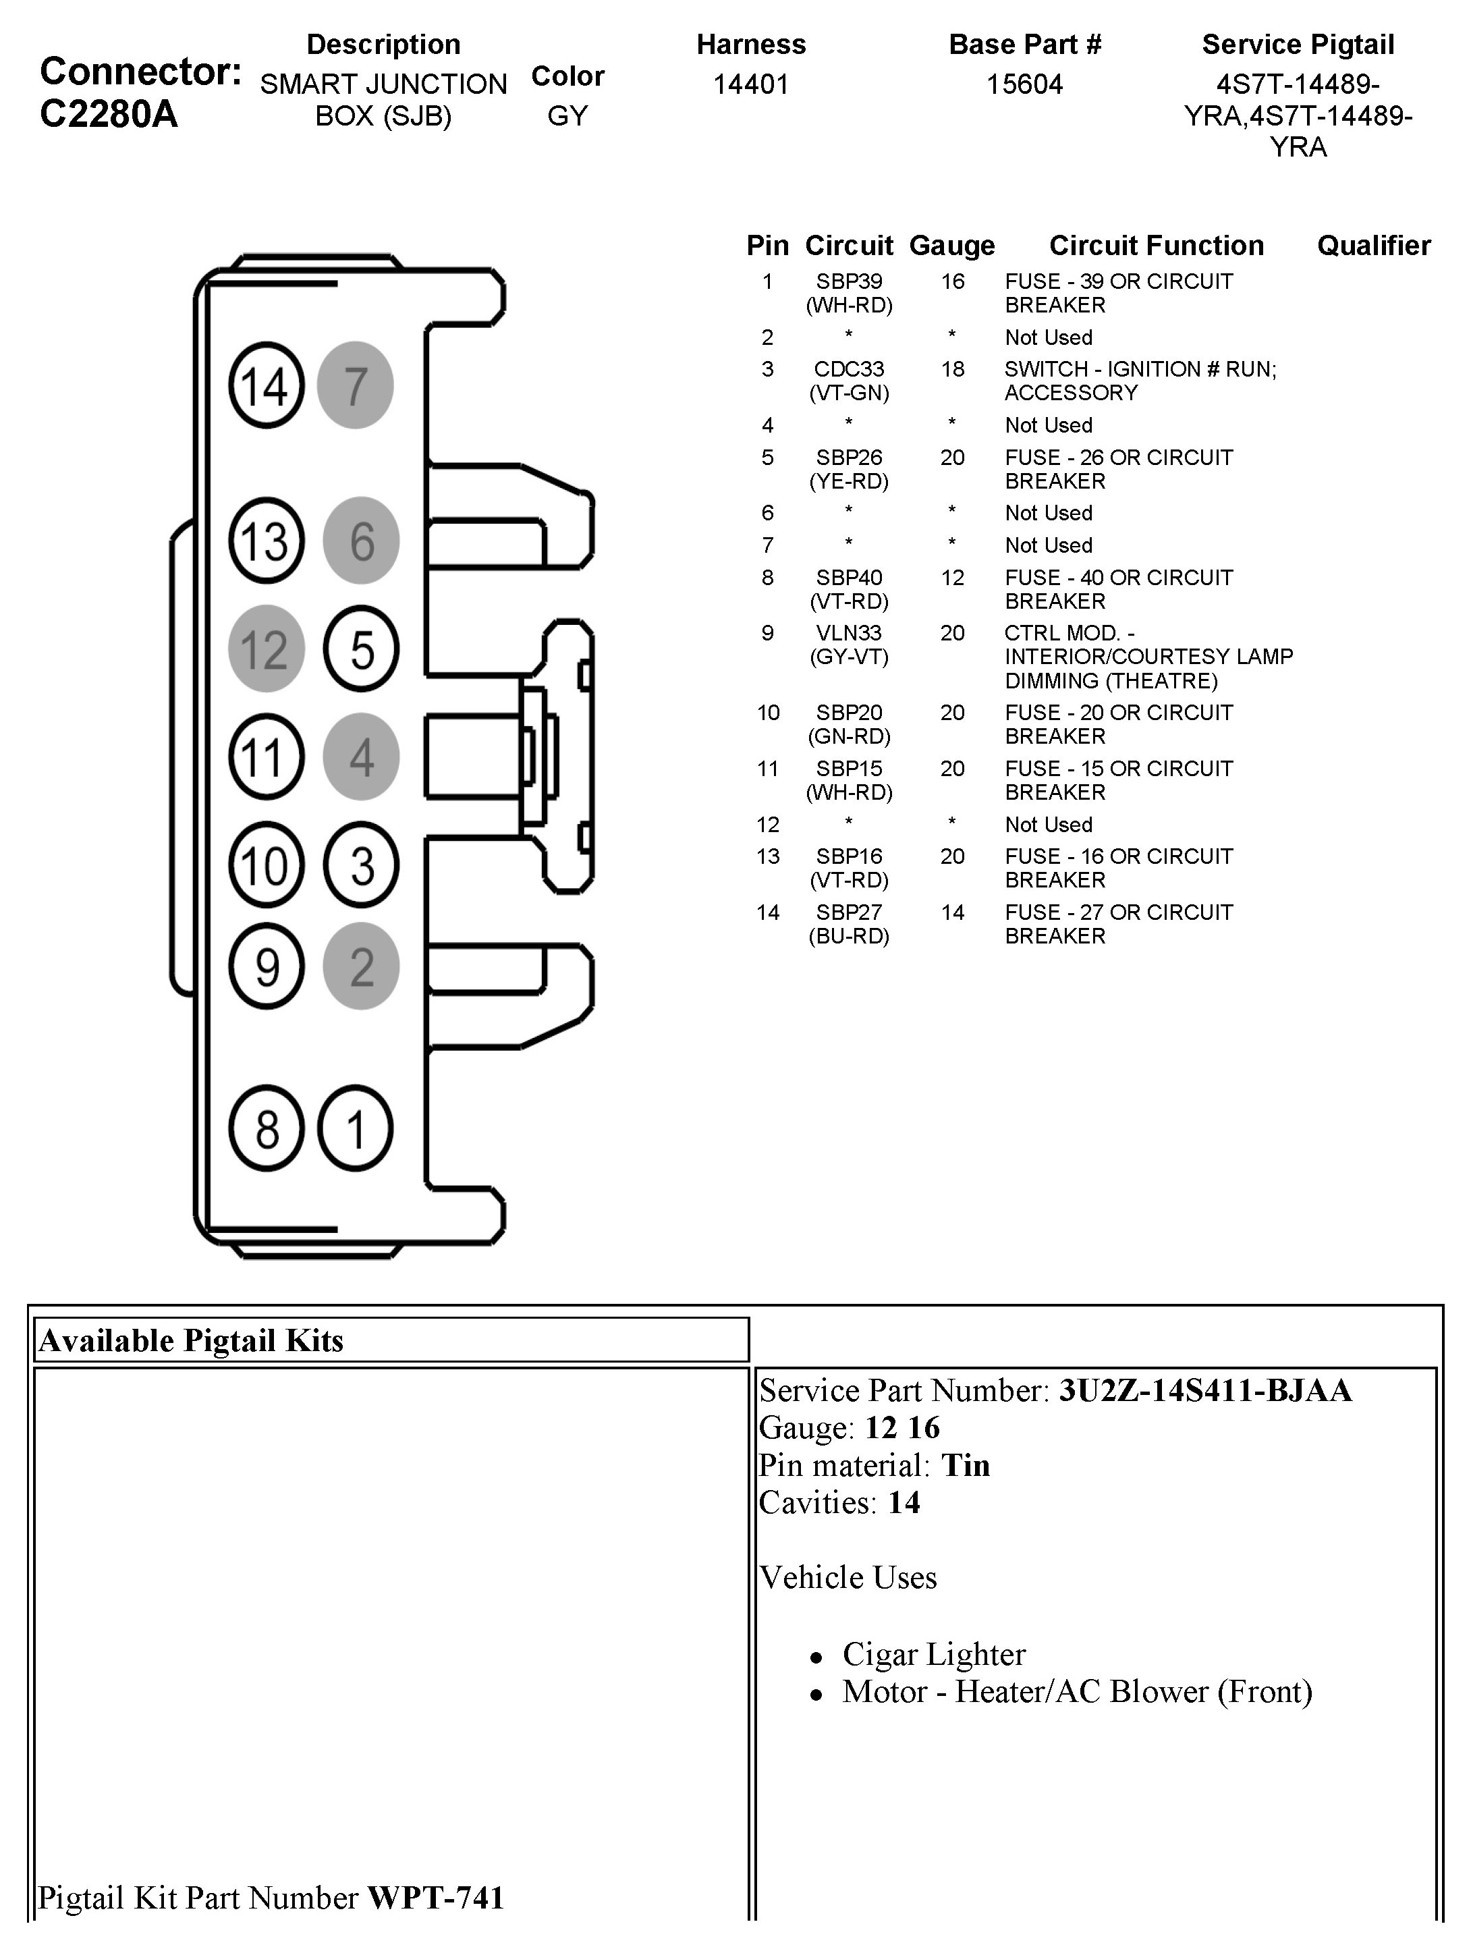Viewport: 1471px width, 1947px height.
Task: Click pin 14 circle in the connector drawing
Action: coord(266,385)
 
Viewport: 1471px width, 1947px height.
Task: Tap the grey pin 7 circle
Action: coord(355,385)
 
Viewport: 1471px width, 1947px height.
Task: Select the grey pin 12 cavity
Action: coord(266,649)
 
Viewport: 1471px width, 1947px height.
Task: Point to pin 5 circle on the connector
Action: coord(361,649)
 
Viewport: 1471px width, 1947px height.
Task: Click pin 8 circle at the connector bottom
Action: coord(266,1128)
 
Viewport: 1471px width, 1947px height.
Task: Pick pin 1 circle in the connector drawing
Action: coord(355,1128)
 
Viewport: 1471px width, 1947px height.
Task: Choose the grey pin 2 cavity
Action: coord(361,966)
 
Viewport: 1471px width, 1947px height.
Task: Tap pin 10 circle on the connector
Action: coord(266,865)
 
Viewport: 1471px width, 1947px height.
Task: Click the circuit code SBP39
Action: coord(849,281)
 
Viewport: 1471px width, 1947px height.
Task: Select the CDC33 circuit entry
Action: coord(849,370)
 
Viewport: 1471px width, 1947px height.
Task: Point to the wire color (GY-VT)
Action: coord(849,657)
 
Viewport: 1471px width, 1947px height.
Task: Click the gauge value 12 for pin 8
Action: coord(951,578)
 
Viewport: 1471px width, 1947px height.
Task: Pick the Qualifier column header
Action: coord(1373,246)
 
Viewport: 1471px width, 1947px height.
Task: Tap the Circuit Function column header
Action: coord(1156,246)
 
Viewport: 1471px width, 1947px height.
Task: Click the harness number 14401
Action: coord(750,84)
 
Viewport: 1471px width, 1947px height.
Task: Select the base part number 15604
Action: coord(1024,84)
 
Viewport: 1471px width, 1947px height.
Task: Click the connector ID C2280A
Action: coord(109,115)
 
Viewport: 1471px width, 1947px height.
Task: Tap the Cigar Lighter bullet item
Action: coord(933,1655)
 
